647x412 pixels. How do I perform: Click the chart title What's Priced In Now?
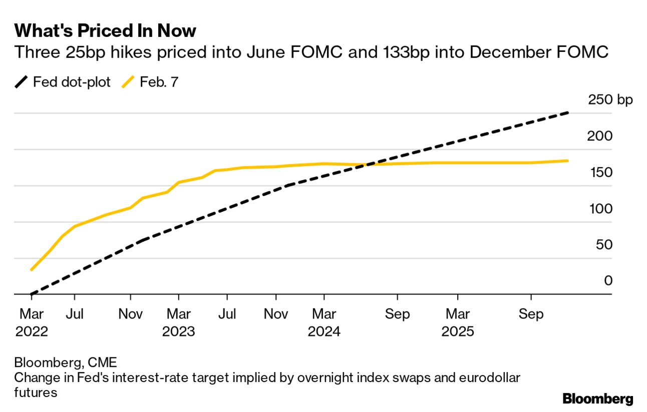coord(105,31)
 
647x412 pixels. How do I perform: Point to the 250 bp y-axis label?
coord(610,100)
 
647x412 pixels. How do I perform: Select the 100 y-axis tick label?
coord(601,208)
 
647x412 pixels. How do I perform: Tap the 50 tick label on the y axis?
coord(604,245)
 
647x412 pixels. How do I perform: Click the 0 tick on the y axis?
coord(608,281)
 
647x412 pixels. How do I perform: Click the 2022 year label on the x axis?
coord(32,331)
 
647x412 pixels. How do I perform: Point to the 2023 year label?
coord(178,331)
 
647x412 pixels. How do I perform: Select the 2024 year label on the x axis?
coord(324,331)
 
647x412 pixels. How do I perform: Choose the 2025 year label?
coord(457,331)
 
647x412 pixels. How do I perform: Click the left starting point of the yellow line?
coord(32,270)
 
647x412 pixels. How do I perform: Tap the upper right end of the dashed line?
coord(568,113)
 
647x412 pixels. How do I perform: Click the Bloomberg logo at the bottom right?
coord(597,399)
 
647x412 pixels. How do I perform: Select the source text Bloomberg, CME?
coord(66,362)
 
